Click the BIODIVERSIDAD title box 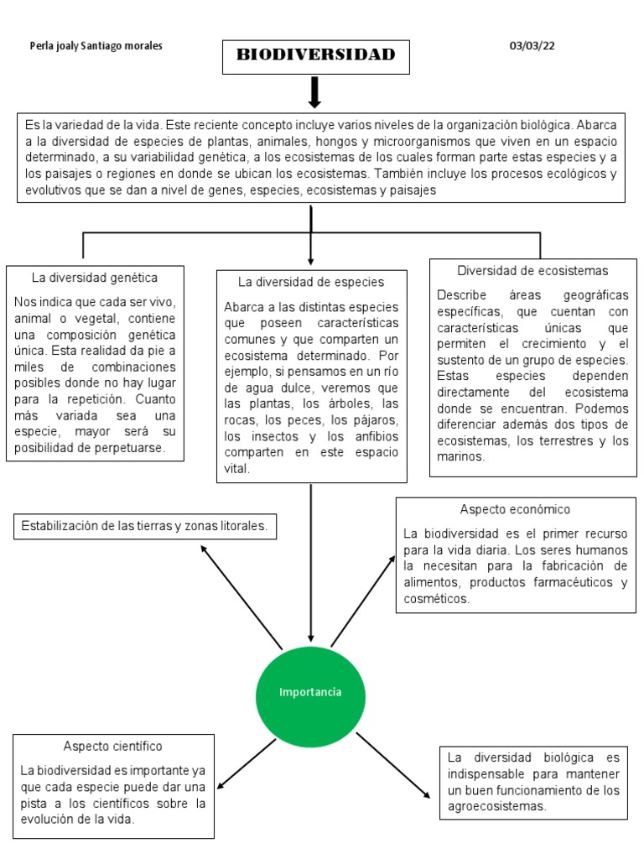coord(315,55)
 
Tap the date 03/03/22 coord(532,46)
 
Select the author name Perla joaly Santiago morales coord(96,46)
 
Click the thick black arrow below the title coord(315,91)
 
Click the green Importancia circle coord(310,692)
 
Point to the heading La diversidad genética coord(95,278)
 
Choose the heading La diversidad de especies coord(311,282)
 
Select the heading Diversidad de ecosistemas coord(532,271)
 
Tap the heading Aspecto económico coord(515,509)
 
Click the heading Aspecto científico coord(112,746)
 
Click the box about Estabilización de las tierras coord(144,526)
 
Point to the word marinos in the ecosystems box coord(460,457)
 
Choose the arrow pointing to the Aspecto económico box coord(363,600)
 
